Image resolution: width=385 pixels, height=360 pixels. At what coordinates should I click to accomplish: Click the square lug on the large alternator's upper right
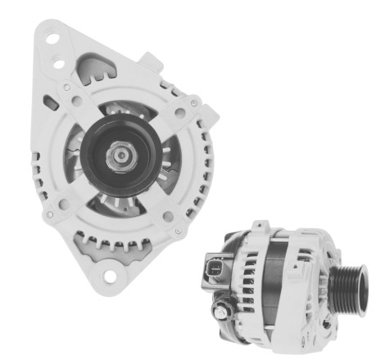(x=152, y=60)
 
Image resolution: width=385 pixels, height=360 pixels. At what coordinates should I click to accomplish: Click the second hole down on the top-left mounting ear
(x=59, y=62)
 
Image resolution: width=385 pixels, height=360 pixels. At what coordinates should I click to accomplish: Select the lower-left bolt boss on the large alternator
(x=51, y=214)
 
